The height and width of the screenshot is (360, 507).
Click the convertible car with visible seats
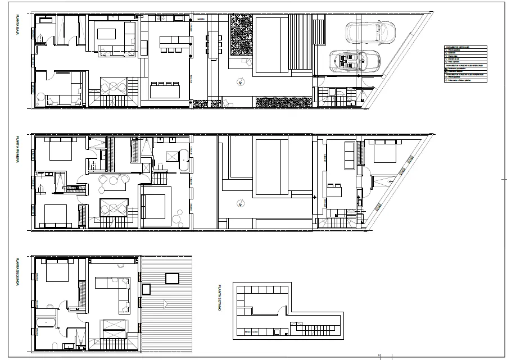click(355, 60)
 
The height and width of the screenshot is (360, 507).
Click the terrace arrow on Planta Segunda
click(165, 304)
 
